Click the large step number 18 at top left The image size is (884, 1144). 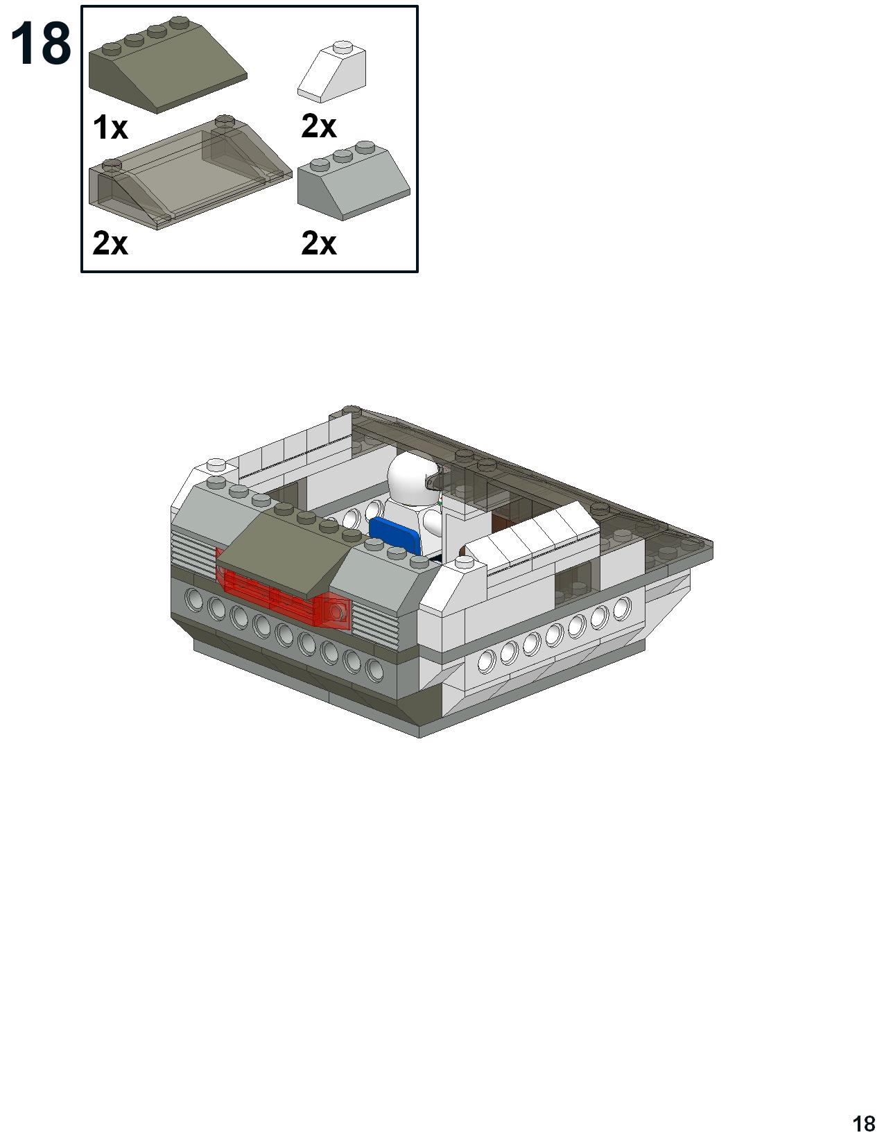pyautogui.click(x=41, y=45)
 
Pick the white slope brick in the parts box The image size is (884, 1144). pyautogui.click(x=331, y=71)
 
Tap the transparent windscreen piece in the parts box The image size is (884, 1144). pyautogui.click(x=190, y=172)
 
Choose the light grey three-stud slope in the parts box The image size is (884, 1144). pyautogui.click(x=354, y=180)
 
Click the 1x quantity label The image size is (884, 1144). pyautogui.click(x=110, y=128)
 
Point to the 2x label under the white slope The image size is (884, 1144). pyautogui.click(x=318, y=126)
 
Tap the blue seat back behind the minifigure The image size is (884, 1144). pyautogui.click(x=395, y=534)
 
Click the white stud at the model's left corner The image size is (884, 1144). pyautogui.click(x=216, y=465)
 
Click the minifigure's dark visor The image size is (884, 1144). pyautogui.click(x=433, y=480)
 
